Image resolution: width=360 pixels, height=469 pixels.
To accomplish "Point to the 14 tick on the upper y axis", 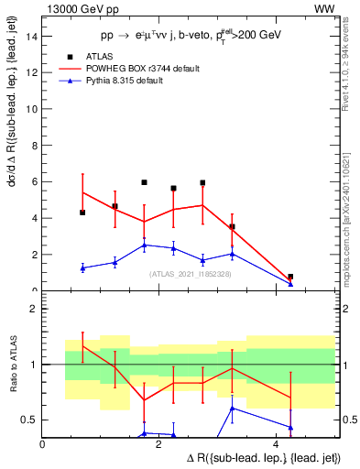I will pos(35,36).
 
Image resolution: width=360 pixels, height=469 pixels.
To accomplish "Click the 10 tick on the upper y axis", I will pos(35,109).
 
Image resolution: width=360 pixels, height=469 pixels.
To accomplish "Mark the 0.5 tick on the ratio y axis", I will pos(32,420).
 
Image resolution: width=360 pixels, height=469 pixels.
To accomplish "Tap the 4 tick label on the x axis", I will pos(277,444).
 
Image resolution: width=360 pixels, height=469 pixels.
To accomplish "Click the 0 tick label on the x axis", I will pos(43,444).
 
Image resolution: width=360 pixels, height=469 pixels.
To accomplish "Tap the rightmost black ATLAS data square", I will pos(290,277).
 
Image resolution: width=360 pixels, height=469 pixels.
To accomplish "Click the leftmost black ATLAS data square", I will pos(83,213).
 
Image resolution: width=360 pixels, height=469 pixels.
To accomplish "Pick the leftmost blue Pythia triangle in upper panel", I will pos(83,267).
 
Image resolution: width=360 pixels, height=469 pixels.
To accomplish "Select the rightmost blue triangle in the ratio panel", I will pos(290,427).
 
